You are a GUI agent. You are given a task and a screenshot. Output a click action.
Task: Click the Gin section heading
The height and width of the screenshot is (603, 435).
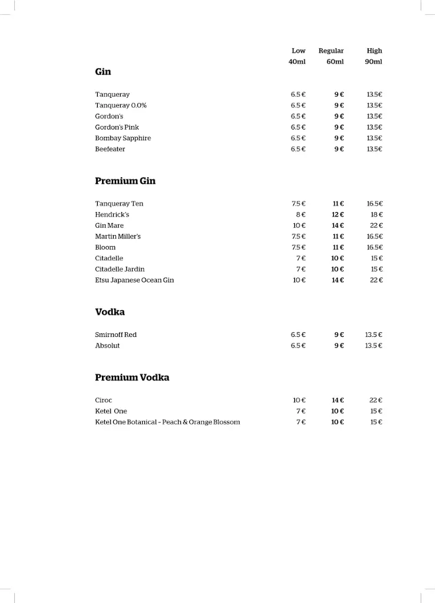103,72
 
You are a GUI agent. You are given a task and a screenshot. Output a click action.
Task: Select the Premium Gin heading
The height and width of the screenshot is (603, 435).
125,181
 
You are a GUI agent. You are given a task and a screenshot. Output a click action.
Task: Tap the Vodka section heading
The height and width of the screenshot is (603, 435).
110,312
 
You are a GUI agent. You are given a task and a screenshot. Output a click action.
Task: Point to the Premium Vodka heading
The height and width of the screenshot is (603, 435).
132,377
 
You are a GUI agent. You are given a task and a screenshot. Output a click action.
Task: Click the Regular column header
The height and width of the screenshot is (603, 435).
331,51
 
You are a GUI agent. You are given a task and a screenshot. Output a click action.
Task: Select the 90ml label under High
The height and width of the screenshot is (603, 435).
373,61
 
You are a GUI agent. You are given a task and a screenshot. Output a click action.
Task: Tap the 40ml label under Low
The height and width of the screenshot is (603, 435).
297,61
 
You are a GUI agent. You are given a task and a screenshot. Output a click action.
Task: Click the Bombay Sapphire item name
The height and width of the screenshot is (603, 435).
123,138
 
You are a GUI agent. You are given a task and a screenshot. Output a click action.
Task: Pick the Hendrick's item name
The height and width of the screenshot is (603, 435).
112,215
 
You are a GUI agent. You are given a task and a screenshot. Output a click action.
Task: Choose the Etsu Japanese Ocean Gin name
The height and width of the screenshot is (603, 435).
134,280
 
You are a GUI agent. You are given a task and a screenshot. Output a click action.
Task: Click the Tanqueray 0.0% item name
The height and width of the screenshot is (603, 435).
121,105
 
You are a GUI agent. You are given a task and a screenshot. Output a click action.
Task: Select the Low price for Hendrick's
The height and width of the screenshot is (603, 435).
301,215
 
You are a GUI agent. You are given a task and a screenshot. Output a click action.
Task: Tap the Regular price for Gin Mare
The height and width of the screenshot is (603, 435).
337,226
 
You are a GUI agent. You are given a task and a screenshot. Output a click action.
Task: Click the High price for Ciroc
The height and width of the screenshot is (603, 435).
376,400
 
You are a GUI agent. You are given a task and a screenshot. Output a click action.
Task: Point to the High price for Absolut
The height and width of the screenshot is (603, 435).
374,346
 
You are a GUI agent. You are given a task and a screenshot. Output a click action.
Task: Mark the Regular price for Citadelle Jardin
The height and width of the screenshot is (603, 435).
337,269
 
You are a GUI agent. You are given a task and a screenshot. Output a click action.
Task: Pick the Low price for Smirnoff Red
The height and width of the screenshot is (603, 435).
298,335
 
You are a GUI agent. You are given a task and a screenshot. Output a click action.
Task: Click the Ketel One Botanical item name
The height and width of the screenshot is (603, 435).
167,422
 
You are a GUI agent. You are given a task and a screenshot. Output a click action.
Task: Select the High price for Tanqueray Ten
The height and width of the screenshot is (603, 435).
375,204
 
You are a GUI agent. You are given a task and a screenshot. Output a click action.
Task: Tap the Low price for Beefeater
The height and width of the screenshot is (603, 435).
298,149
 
